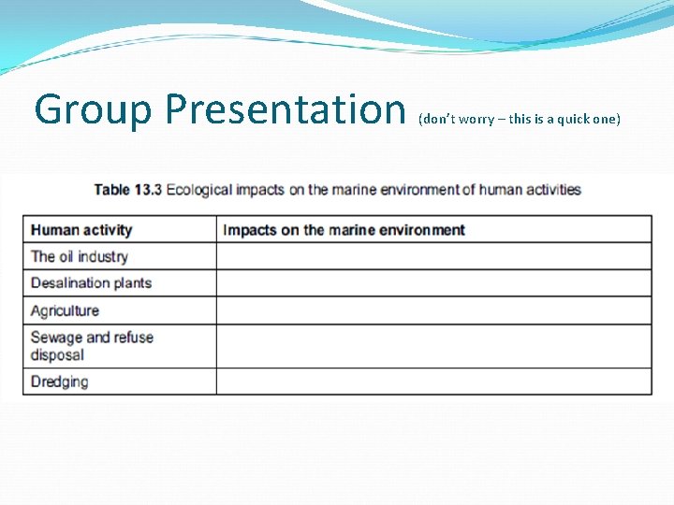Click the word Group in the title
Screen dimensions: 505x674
coord(92,109)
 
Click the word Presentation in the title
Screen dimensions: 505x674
coord(284,109)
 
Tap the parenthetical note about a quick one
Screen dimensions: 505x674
coord(520,120)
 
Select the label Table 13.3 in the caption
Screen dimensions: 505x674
coord(127,190)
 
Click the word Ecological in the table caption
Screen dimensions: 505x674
coord(198,190)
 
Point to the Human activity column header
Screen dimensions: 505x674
coord(81,230)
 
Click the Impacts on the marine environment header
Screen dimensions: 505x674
coord(344,230)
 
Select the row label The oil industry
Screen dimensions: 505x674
coord(79,256)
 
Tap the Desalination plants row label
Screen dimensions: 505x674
coord(91,283)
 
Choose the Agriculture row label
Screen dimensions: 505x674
coord(65,310)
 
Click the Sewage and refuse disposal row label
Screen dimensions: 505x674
coord(91,346)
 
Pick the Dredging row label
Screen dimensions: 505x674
coord(59,382)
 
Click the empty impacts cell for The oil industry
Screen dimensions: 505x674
coord(433,256)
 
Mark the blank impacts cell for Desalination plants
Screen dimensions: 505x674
coord(433,283)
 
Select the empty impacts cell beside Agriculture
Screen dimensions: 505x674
coord(433,310)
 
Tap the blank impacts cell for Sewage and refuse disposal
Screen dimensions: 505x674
coord(433,346)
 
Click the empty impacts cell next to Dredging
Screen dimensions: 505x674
coord(433,382)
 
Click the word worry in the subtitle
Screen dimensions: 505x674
coord(474,120)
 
